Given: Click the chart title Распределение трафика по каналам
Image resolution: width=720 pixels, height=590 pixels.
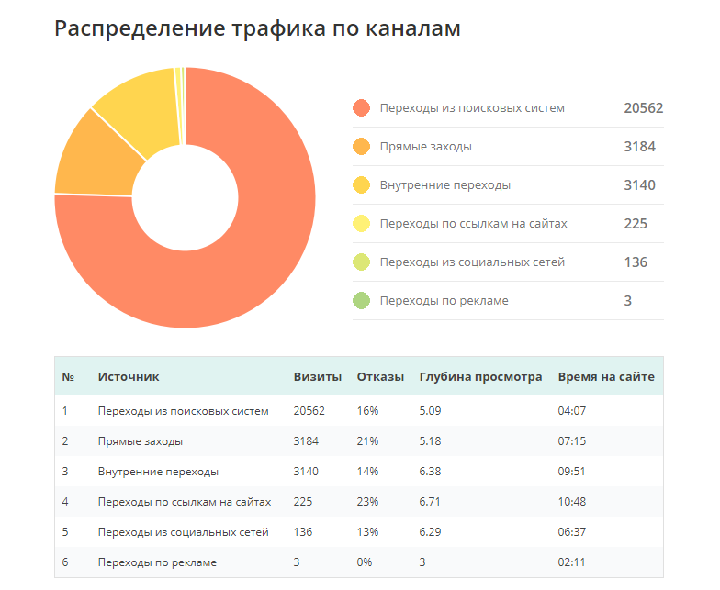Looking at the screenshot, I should click(257, 28).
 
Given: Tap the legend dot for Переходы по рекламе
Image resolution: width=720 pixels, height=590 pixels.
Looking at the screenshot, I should click(362, 301).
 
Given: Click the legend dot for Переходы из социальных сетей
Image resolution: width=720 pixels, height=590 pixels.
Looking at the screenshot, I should click(362, 262).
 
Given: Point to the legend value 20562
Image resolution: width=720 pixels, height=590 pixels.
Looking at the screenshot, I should click(643, 108).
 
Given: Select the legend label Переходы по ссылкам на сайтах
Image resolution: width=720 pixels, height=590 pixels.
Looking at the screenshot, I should click(473, 224).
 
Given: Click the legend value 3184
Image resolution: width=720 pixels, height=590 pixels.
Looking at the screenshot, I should click(639, 147).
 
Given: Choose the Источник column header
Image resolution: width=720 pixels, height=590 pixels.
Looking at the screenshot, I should click(129, 377).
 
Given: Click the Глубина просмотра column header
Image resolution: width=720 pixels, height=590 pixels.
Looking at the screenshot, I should click(480, 377).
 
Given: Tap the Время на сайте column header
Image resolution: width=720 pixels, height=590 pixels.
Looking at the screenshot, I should click(606, 377).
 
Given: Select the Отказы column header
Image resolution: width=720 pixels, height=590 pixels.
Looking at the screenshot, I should click(380, 377).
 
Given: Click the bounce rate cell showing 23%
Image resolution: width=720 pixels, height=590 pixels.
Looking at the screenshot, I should click(367, 502).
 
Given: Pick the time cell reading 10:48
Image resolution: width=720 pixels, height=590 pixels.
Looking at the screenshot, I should click(572, 502).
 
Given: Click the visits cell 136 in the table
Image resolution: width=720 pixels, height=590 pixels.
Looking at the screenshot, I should click(303, 532).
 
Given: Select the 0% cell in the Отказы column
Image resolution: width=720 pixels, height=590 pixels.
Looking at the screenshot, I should click(365, 562).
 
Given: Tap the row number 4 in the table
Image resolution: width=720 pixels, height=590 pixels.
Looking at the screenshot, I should click(65, 502).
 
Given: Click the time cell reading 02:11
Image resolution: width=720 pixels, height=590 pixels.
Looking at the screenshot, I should click(571, 562).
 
